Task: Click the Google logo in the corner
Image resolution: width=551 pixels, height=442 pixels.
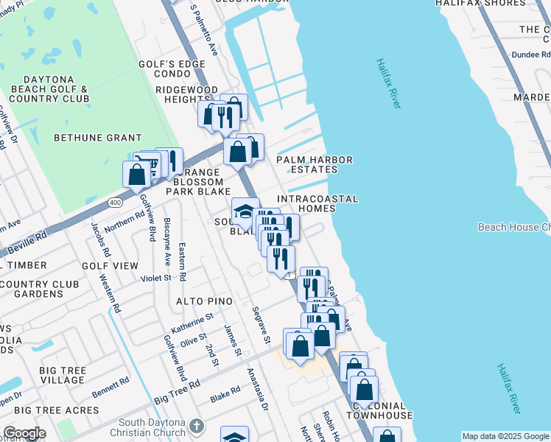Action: (x=24, y=433)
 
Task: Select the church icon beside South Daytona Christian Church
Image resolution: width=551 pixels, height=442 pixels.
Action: (x=196, y=425)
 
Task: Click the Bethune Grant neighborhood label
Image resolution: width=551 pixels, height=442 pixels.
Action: (x=98, y=138)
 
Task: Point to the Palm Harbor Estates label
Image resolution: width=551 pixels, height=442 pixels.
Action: (x=314, y=164)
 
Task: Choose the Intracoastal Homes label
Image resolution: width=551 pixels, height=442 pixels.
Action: (x=317, y=204)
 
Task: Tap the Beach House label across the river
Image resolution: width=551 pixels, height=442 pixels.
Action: (x=513, y=227)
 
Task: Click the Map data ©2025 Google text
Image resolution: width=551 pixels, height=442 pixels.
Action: (x=505, y=436)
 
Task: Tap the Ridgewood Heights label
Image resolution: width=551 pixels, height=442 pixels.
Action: (x=177, y=94)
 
